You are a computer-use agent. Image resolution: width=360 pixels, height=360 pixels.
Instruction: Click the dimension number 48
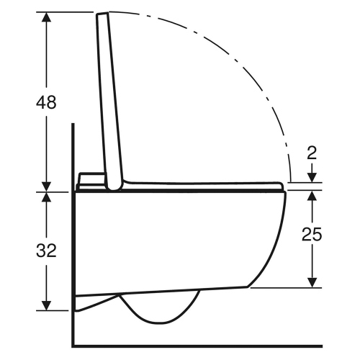point(47,102)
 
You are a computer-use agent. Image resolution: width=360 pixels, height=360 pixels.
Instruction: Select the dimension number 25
point(312,235)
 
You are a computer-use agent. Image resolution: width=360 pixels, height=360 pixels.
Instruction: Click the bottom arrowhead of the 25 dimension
point(312,282)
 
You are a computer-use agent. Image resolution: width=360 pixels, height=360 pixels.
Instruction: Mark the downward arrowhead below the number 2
point(312,177)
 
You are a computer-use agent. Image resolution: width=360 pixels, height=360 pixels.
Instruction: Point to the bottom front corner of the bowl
point(250,287)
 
